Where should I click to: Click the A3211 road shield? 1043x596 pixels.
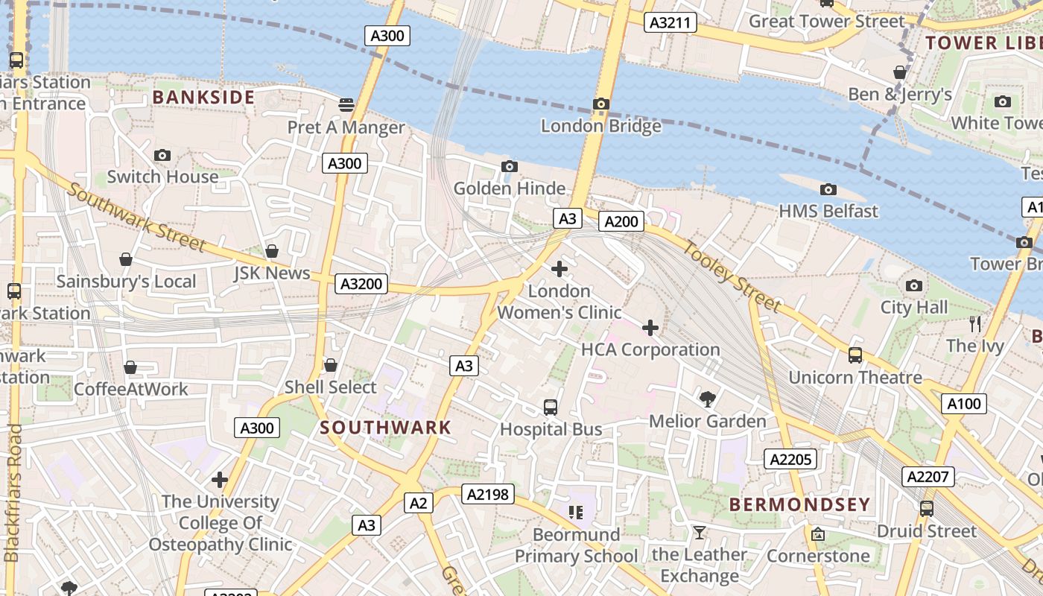[x=670, y=23]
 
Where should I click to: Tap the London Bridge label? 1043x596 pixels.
[x=600, y=126]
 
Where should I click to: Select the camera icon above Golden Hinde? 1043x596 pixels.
[x=510, y=166]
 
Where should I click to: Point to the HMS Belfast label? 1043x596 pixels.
[x=828, y=212]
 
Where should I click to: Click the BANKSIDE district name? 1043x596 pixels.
[x=203, y=97]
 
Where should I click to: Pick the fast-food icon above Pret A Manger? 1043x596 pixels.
[x=346, y=104]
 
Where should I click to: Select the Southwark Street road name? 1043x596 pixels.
[x=136, y=216]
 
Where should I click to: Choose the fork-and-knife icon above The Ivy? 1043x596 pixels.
[x=974, y=323]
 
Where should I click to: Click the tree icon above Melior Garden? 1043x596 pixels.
[x=708, y=399]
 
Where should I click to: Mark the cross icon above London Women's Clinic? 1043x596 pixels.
[x=559, y=268]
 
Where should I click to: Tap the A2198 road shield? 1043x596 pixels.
[x=488, y=493]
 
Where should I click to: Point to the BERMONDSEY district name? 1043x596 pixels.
[x=799, y=504]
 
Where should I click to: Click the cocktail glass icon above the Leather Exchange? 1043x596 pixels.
[x=699, y=532]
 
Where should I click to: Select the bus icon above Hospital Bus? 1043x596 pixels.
[x=551, y=407]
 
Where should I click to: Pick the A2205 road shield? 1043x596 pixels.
[x=790, y=459]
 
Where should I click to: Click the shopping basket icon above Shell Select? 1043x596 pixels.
[x=331, y=365]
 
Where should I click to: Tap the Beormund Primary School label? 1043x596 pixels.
[x=576, y=545]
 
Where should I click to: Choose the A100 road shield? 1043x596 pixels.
[x=964, y=404]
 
